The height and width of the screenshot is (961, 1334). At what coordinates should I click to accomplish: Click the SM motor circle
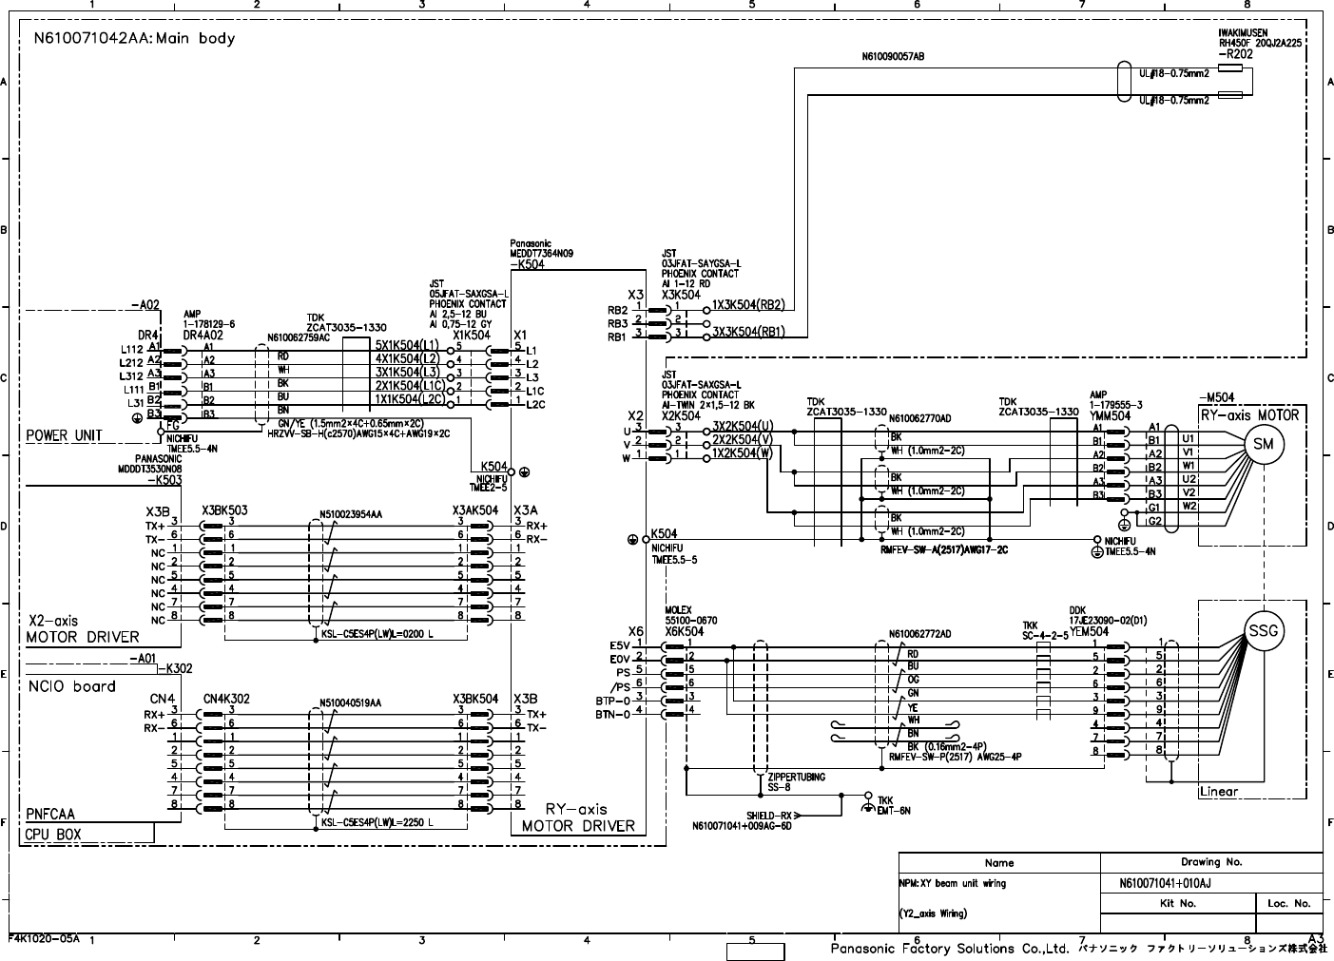[x=1263, y=445]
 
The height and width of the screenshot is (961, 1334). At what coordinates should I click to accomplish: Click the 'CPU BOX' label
[x=54, y=835]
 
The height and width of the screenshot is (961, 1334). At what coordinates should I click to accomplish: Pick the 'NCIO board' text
[x=72, y=686]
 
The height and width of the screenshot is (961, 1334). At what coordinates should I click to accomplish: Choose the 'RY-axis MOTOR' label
[x=1248, y=415]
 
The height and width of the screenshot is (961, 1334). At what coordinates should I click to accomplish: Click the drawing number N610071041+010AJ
[x=1171, y=883]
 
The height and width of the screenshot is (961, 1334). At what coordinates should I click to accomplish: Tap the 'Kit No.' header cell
[x=1177, y=903]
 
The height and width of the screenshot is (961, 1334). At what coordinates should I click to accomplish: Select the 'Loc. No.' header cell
[x=1288, y=903]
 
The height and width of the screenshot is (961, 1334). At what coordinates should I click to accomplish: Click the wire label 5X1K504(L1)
[x=407, y=345]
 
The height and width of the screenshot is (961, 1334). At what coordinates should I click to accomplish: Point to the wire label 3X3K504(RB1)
[x=748, y=332]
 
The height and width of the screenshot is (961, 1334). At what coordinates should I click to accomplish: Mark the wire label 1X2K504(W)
[x=743, y=453]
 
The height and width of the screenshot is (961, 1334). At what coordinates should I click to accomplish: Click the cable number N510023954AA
[x=351, y=513]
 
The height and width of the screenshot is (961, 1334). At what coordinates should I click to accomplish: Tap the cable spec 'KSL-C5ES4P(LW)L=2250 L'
[x=377, y=823]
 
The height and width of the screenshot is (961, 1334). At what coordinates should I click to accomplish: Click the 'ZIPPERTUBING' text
[x=796, y=777]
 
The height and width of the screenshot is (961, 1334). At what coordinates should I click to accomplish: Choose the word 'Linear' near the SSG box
[x=1218, y=792]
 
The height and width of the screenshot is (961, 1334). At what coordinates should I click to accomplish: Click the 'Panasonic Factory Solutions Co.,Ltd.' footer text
[x=950, y=949]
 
